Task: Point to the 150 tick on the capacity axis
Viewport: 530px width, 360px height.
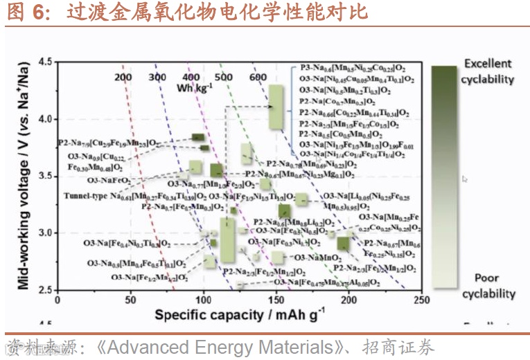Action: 276,300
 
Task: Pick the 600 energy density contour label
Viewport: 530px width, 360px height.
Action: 258,76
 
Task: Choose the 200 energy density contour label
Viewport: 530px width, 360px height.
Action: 123,76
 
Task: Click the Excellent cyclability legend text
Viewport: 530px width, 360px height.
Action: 488,71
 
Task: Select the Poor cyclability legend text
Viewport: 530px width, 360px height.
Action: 488,285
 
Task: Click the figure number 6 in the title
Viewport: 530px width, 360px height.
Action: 38,12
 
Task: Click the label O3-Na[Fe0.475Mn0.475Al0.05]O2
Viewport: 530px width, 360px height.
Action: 326,282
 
